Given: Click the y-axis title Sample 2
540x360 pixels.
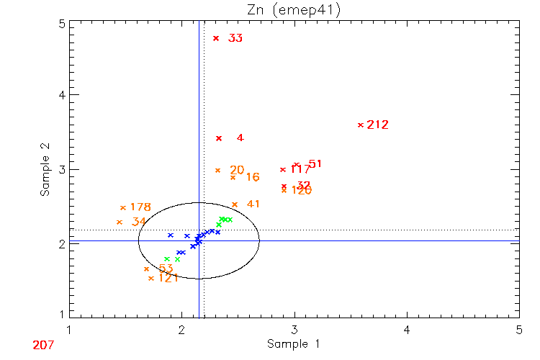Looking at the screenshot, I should pos(45,171).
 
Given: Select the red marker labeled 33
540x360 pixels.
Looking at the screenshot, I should pos(216,38).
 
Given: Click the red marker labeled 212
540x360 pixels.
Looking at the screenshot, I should pos(361,125).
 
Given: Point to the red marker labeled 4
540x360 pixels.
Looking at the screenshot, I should pos(219,138).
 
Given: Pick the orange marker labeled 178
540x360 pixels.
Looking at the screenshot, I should pos(123,208).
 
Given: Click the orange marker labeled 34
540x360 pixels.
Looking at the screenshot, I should pos(120,222).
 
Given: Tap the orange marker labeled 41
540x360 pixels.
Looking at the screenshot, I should pos(235,204).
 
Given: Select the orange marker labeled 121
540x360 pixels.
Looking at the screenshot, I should pos(150,278).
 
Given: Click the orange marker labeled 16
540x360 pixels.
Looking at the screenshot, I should pos(233,177).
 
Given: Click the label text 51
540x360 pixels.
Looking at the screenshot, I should pos(315,164).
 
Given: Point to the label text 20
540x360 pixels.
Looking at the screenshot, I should pos(237,170).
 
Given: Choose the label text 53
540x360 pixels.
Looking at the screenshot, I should pos(166,269).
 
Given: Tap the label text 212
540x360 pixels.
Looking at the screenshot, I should pos(377,125).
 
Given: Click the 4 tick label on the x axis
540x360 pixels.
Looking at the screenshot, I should pos(407,330).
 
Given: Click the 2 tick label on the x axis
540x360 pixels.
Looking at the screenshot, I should pos(181,330).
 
